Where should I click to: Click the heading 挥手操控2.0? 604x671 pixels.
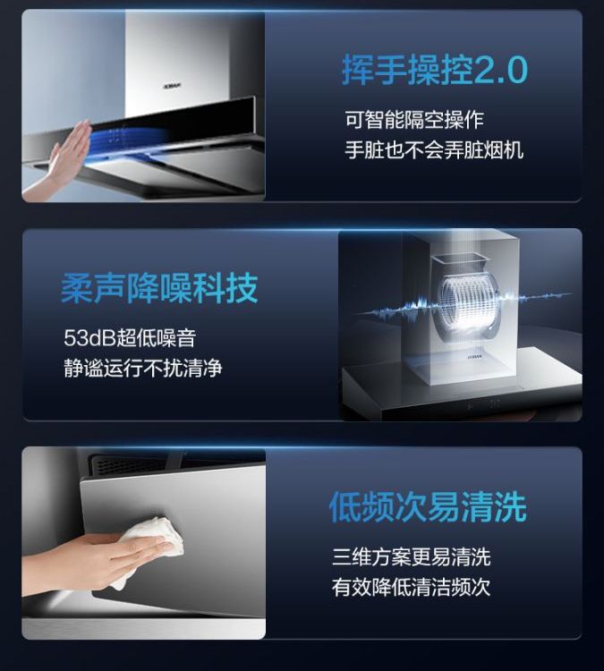pyautogui.click(x=435, y=71)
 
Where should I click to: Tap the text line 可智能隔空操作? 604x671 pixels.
pyautogui.click(x=414, y=120)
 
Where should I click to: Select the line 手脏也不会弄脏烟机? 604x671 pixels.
pyautogui.click(x=434, y=150)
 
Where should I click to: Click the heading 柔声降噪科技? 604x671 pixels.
pyautogui.click(x=159, y=288)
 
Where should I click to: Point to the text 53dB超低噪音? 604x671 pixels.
pyautogui.click(x=130, y=337)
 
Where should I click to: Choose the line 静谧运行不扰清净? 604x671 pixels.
pyautogui.click(x=143, y=368)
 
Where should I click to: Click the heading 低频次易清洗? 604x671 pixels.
pyautogui.click(x=428, y=507)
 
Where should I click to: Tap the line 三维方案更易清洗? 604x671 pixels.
pyautogui.click(x=412, y=556)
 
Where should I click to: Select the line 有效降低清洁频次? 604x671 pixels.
pyautogui.click(x=412, y=587)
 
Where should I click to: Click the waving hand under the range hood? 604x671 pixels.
pyautogui.click(x=64, y=160)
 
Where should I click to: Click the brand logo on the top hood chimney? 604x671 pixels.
pyautogui.click(x=173, y=86)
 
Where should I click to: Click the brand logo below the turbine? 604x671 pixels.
pyautogui.click(x=475, y=355)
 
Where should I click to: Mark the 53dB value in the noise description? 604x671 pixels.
pyautogui.click(x=89, y=338)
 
